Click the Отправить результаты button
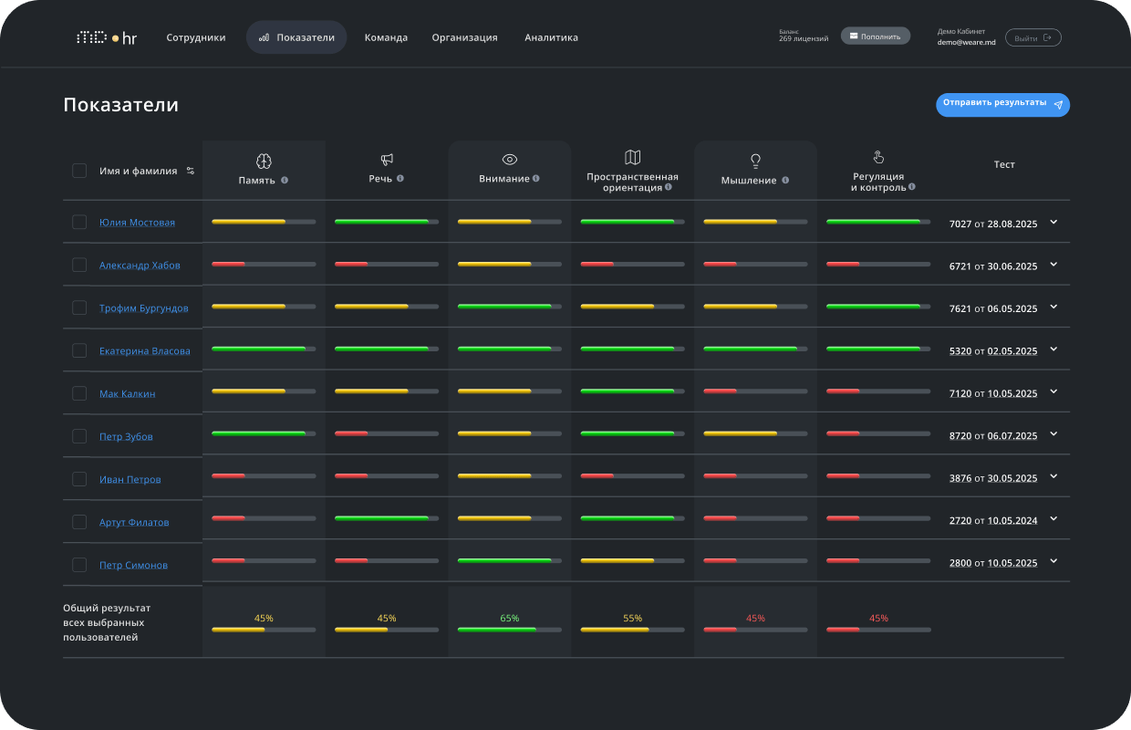pos(1002,105)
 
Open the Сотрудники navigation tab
pos(196,37)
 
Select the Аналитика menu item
pos(551,37)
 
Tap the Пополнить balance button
pos(875,36)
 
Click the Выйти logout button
pos(1033,37)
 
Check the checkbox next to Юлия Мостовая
pos(79,222)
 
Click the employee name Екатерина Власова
pos(144,350)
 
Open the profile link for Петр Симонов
pos(133,565)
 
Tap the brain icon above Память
pos(264,162)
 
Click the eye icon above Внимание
pos(510,160)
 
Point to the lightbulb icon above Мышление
pos(755,162)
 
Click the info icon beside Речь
pos(399,178)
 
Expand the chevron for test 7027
pos(1053,223)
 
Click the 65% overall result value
pos(510,618)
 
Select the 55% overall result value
pos(632,618)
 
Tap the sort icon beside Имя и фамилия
pos(191,171)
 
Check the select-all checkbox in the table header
pos(79,171)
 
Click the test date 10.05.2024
pos(1012,520)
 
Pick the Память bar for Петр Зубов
pos(264,433)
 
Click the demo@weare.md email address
pos(967,43)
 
